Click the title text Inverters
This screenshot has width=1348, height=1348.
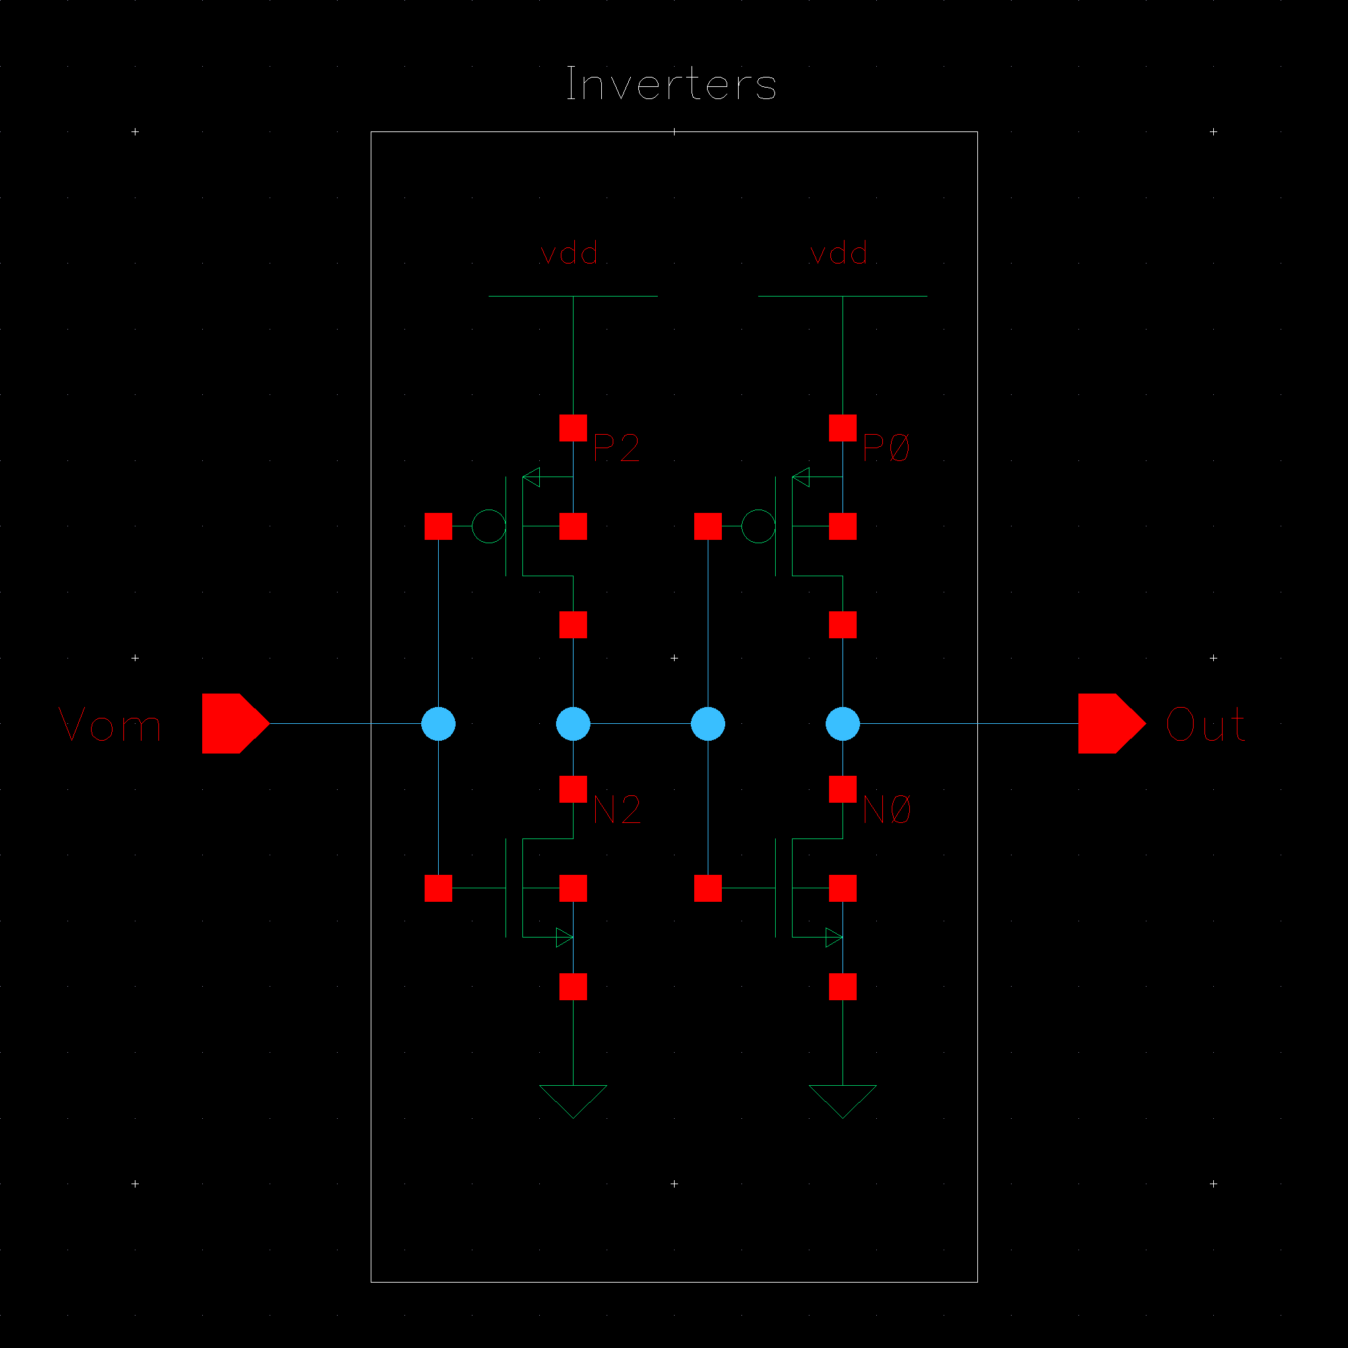(x=671, y=84)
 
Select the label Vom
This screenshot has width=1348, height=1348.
(x=110, y=725)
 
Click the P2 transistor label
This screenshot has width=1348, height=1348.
(x=616, y=448)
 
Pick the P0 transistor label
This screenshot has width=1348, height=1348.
(x=886, y=448)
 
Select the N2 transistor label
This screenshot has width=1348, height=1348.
(x=617, y=810)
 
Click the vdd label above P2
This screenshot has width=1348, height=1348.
(x=570, y=253)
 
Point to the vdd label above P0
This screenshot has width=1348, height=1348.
(x=839, y=253)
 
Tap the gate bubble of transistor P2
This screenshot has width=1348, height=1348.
(x=489, y=526)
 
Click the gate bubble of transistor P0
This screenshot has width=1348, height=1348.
(x=758, y=526)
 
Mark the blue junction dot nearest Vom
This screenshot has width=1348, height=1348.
(x=438, y=723)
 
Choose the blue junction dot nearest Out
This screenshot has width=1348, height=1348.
(x=843, y=723)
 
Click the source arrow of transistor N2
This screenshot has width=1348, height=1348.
(x=563, y=937)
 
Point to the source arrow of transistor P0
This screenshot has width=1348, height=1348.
(x=801, y=477)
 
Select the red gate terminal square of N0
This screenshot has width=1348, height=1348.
(x=708, y=888)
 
